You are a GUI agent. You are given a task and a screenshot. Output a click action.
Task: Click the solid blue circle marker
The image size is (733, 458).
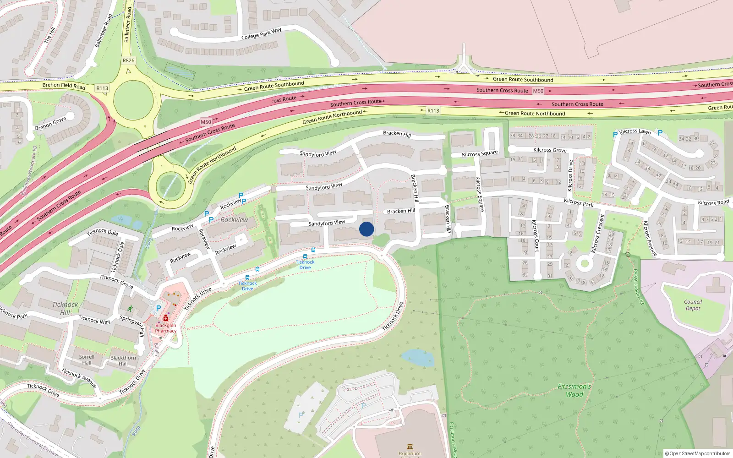[366, 229]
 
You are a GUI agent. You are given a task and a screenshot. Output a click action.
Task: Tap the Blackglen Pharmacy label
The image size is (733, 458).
[165, 328]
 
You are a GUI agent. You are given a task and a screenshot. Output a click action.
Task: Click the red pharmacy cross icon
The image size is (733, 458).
[166, 318]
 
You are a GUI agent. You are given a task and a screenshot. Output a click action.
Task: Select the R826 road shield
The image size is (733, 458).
[129, 60]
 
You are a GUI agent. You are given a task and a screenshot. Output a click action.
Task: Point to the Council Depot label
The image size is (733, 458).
[693, 305]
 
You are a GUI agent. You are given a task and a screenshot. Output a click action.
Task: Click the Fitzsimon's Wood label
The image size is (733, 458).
[574, 390]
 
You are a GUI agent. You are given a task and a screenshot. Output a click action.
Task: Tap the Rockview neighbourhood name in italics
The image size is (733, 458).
[234, 220]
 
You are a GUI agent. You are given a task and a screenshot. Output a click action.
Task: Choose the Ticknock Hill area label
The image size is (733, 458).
[65, 308]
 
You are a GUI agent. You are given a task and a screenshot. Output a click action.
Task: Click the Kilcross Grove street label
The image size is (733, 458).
[550, 150]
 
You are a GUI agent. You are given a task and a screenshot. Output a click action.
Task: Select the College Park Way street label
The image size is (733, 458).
[261, 34]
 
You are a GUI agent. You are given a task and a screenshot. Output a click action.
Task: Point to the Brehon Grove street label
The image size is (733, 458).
[51, 123]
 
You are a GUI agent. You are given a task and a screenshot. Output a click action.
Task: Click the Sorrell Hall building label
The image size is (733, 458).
[87, 360]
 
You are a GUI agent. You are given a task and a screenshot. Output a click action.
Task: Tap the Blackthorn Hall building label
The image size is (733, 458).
[123, 361]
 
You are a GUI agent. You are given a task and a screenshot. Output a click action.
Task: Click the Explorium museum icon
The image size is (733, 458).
[410, 446]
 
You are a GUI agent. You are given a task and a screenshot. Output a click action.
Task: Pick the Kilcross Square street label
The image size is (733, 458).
[480, 154]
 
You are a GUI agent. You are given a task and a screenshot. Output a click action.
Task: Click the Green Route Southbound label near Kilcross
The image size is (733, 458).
[523, 80]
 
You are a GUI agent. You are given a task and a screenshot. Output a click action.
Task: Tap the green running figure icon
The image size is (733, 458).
[130, 308]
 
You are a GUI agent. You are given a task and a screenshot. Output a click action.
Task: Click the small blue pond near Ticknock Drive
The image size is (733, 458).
[417, 358]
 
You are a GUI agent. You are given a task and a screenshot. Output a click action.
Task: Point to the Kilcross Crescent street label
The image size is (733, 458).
[598, 234]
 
